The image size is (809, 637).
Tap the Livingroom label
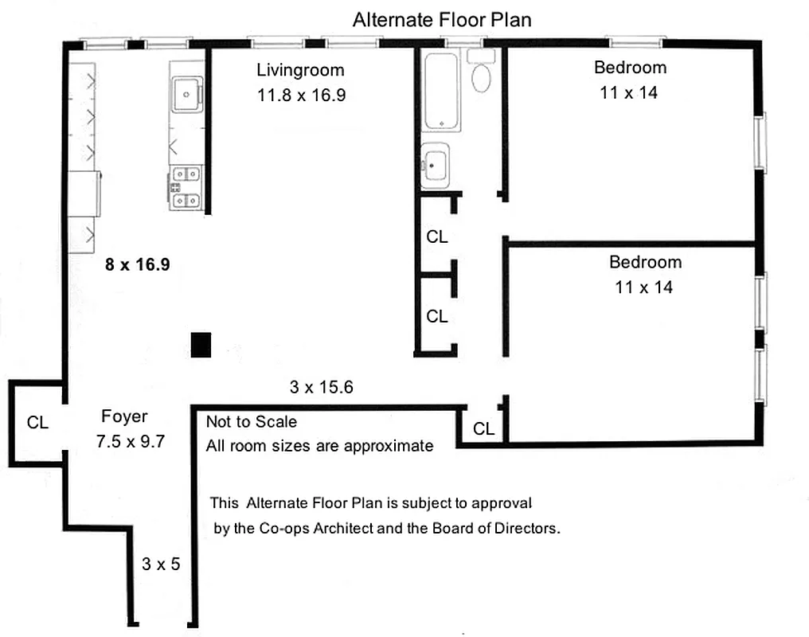(x=300, y=70)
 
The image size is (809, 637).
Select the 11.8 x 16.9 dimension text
(x=301, y=96)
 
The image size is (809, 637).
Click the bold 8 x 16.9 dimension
(x=138, y=264)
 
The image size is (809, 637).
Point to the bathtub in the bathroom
(x=440, y=91)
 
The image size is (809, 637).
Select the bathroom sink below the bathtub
(x=435, y=166)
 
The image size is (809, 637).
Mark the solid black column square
(x=201, y=345)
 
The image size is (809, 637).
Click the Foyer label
(x=124, y=416)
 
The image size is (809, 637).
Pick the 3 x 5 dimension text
(x=161, y=565)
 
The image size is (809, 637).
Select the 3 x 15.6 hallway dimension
(x=321, y=388)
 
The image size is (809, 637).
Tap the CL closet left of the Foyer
(x=37, y=423)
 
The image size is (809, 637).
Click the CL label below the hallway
(x=483, y=429)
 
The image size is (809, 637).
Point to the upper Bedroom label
(x=630, y=67)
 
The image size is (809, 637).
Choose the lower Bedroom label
(x=645, y=262)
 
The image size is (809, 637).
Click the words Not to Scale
(x=251, y=422)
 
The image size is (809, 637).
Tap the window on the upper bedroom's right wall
(x=762, y=143)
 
